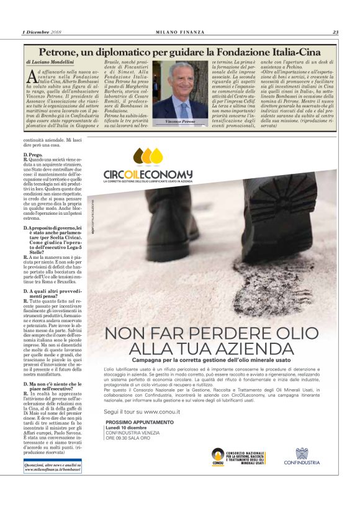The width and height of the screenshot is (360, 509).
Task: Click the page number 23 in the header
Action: [335, 32]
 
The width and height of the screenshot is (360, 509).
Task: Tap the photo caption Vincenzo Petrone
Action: [181, 122]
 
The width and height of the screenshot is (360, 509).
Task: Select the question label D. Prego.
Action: [34, 153]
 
